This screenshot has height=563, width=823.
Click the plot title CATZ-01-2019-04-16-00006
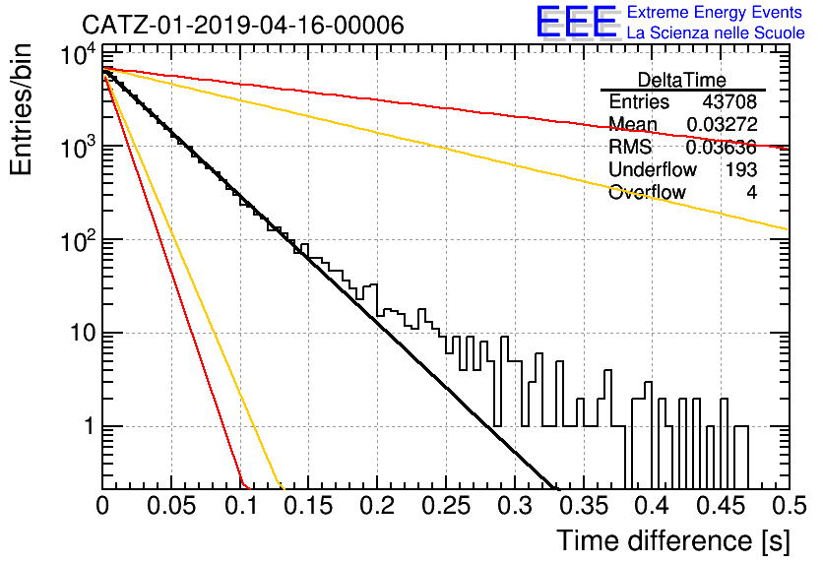[x=243, y=25]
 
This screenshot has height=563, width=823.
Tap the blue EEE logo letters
[x=577, y=22]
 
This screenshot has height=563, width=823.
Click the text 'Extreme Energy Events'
[x=715, y=12]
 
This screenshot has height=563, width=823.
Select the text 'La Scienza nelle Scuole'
[x=716, y=32]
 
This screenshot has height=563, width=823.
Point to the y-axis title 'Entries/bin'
[x=21, y=109]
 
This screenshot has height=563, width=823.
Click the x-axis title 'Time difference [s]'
[x=673, y=541]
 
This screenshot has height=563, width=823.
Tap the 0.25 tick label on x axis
[x=446, y=506]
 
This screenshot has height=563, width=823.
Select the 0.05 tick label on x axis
[x=171, y=506]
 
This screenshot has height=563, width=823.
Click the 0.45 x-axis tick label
[x=721, y=506]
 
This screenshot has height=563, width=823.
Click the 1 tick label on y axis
[x=89, y=426]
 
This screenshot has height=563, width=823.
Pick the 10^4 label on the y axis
[x=78, y=54]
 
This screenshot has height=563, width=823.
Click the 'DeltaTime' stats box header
[x=682, y=80]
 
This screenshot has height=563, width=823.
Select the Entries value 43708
[x=729, y=101]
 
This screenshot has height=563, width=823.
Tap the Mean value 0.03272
[x=722, y=124]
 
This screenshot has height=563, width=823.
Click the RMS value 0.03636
[x=722, y=148]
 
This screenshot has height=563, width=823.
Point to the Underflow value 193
[x=741, y=169]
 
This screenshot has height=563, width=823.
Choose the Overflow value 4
[x=751, y=193]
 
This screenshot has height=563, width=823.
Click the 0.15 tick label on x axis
[x=309, y=506]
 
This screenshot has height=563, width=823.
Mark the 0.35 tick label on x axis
[x=583, y=506]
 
